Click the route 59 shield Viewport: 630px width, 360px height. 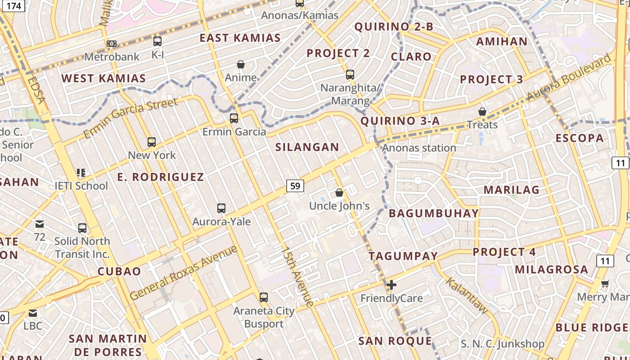coord(295,185)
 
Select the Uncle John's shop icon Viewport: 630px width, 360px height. coord(339,193)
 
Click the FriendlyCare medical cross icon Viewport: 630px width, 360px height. coord(391,285)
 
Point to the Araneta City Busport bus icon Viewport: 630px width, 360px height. coord(264,297)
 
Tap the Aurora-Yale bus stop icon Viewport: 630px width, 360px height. coord(221,208)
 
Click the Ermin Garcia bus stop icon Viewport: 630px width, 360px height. coord(234,118)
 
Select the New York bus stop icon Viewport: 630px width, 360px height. coord(152,142)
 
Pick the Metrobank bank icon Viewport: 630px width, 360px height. coord(112,44)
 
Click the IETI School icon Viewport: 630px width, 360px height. coord(81,172)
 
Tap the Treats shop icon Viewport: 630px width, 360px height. coord(482,111)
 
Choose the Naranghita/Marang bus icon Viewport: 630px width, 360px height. coord(350,75)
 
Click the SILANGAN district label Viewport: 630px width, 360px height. coord(307,147)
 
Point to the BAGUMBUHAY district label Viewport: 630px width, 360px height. coord(433,213)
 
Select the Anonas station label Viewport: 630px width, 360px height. coord(419,148)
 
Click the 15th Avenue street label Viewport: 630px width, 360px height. coord(297,276)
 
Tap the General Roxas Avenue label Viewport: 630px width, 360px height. coord(184,273)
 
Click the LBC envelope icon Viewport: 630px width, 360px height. coord(33,313)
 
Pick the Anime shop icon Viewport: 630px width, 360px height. coord(241,64)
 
